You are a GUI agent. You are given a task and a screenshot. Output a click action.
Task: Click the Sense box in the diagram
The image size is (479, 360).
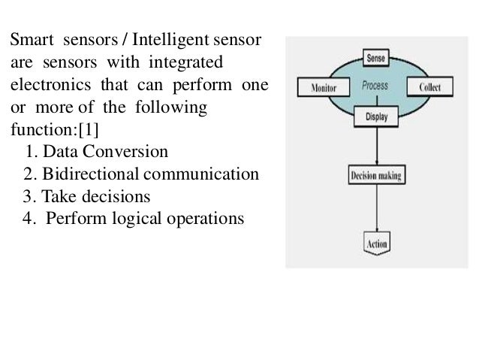click(376, 57)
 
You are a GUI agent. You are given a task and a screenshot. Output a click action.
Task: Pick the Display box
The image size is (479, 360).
click(376, 116)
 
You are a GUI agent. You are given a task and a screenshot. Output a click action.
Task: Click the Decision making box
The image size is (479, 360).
click(376, 177)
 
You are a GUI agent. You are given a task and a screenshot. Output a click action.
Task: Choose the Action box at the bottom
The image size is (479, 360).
click(376, 244)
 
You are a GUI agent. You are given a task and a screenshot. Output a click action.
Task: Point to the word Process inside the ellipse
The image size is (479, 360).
click(375, 86)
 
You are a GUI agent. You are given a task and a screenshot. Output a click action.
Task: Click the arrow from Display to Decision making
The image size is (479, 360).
click(376, 147)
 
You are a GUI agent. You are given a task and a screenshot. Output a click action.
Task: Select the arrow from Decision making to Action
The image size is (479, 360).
click(376, 210)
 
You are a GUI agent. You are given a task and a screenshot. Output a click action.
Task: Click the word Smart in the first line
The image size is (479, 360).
click(31, 38)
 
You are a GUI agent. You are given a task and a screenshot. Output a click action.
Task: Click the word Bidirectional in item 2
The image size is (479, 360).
click(89, 174)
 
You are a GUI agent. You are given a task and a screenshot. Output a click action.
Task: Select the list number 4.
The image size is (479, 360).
click(29, 219)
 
